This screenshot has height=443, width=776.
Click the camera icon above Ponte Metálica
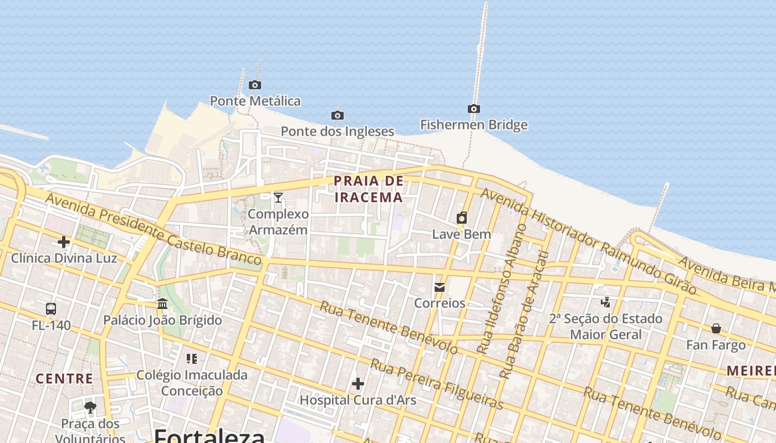tap(255, 85)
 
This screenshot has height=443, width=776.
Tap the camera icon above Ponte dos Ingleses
tap(337, 115)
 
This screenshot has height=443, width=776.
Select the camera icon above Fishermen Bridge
tap(473, 109)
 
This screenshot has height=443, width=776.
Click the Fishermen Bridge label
tap(473, 125)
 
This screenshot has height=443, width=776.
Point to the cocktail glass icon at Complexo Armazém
tap(278, 197)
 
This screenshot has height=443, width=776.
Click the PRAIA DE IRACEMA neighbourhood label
tap(369, 189)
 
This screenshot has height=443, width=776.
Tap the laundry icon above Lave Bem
tap(462, 218)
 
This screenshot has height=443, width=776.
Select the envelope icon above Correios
tap(440, 287)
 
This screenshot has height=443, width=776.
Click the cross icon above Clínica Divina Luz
tap(64, 242)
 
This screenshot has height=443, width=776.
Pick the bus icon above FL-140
tap(51, 308)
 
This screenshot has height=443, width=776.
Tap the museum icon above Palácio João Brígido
tap(162, 303)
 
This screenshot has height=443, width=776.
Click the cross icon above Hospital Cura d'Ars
tap(358, 383)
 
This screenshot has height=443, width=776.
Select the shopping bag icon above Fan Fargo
tap(716, 328)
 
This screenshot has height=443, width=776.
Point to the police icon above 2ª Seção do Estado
tap(605, 302)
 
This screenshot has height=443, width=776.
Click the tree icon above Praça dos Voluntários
tap(90, 408)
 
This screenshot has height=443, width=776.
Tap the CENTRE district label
tap(64, 379)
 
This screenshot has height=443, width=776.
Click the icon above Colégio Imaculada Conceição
tap(192, 359)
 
